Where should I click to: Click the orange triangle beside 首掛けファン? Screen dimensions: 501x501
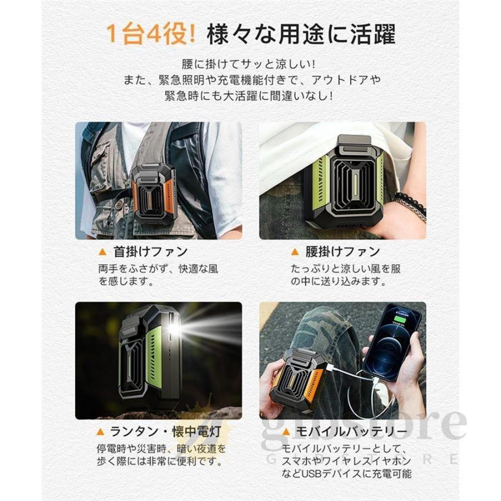pos(102,252)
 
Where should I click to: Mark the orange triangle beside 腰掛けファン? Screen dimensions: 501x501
pos(294,252)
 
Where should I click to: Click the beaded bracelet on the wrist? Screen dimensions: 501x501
pos(410,203)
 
